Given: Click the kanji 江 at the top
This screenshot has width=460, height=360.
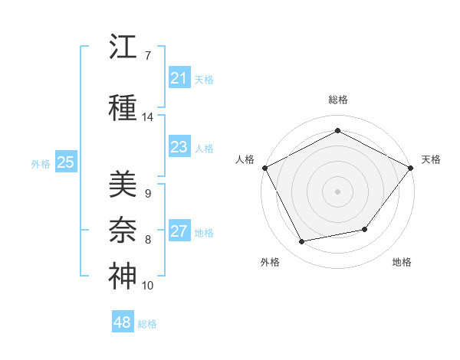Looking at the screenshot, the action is coord(123,46).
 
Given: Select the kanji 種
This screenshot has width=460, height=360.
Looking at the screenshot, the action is coord(123,107).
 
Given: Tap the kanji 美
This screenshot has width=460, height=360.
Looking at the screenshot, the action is coord(123,184).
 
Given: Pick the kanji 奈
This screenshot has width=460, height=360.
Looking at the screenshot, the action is coord(123,230).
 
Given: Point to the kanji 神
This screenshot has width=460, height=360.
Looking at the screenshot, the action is coord(123,276).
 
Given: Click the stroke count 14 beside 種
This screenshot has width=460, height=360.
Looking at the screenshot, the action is coord(147,117).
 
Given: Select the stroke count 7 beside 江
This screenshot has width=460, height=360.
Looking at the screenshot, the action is coord(148,56).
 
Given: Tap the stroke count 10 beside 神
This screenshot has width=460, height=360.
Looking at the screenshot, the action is coord(147,285).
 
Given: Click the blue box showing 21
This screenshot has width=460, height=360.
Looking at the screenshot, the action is coord(179,77).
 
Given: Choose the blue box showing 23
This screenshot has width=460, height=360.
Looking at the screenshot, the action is coord(179,146).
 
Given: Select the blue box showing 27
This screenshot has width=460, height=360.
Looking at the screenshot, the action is coord(179,230).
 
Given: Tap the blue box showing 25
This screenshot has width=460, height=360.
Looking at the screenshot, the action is coord(66,162).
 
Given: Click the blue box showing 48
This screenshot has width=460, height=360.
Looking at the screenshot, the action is coord(123,321).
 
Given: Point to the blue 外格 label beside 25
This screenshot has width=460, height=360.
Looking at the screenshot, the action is coord(41,164).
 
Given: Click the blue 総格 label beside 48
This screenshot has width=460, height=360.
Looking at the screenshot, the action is coord(147,324).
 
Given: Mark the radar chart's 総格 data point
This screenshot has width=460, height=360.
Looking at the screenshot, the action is coord(337,130).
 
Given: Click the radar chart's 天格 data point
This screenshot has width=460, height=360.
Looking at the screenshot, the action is coord(410,168).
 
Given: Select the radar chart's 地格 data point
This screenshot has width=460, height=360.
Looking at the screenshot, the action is coord(365,229).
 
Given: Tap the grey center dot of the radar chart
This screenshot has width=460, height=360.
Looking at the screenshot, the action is coord(337,191).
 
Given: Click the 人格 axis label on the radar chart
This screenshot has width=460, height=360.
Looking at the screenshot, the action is coord(245,159).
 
